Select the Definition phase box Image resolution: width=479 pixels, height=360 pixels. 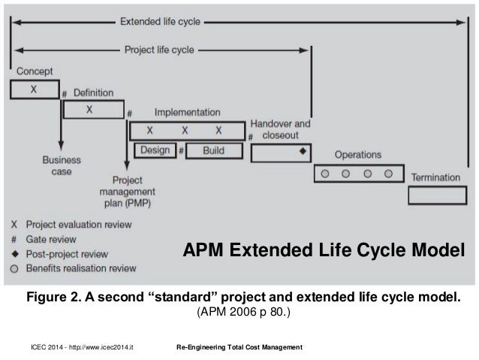pos(90,110)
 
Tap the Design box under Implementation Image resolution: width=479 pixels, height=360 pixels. pos(154,150)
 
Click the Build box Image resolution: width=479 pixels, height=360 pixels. pos(213,150)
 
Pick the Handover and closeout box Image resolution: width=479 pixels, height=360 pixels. pos(280,153)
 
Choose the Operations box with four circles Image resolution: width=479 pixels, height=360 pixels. pos(357,173)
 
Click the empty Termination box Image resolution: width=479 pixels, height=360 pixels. pos(438,195)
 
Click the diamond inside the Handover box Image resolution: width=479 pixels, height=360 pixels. pos(303,151)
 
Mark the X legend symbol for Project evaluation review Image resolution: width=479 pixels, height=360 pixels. pos(15,225)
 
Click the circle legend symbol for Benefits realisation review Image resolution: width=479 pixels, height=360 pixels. pos(15,267)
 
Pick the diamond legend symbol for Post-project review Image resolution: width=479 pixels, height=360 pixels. pos(15,253)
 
